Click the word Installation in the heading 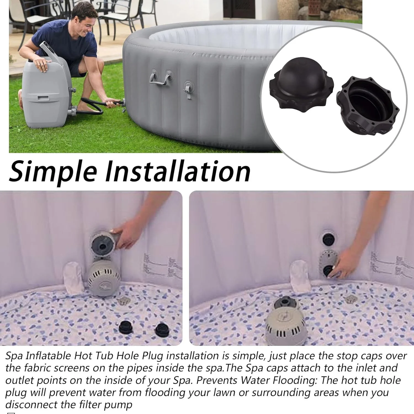pos(178,171)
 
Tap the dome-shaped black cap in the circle pos(301,83)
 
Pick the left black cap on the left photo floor pos(126,327)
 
